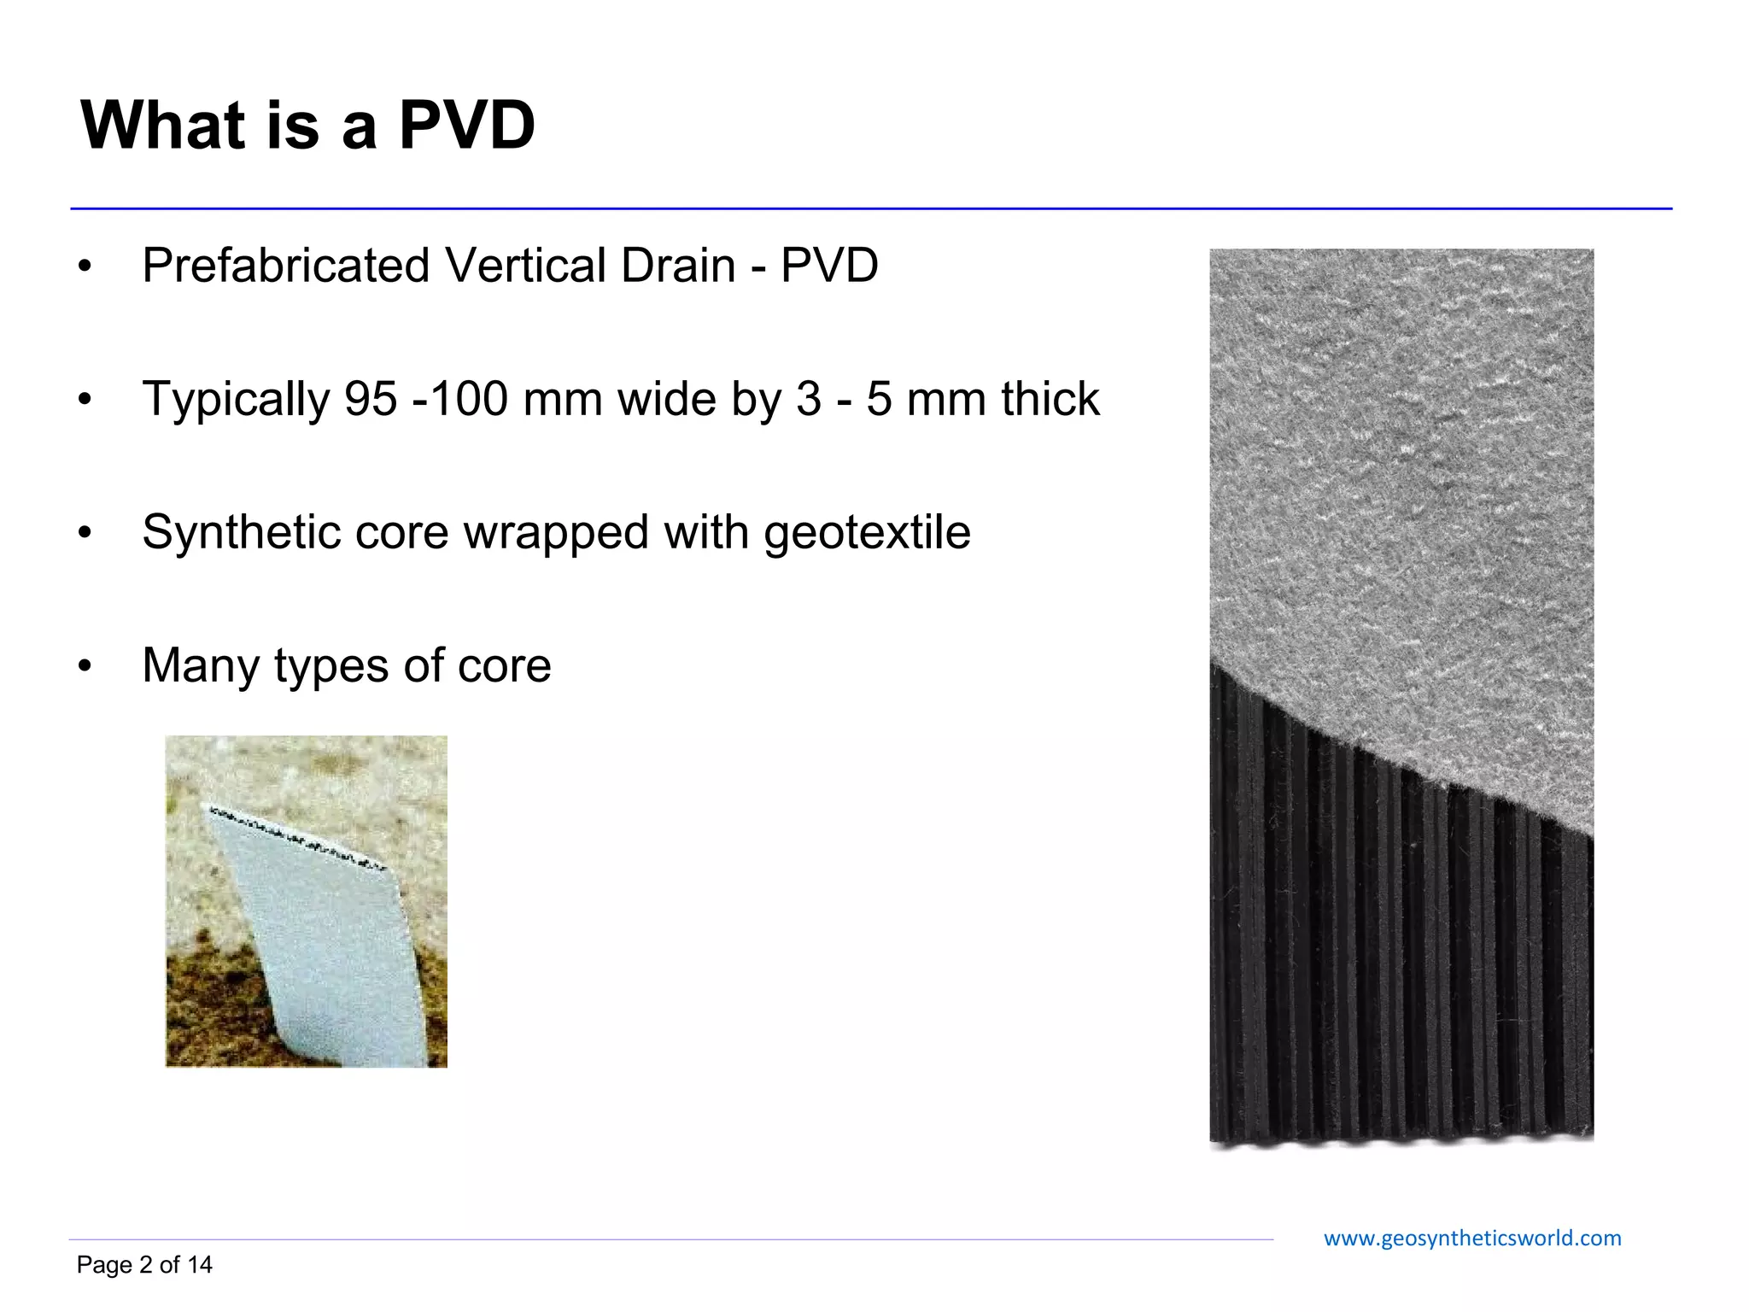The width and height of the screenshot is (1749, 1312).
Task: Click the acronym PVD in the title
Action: [x=466, y=126]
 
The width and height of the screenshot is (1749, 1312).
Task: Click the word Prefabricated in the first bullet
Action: [x=285, y=266]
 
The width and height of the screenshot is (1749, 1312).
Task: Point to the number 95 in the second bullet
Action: [x=371, y=399]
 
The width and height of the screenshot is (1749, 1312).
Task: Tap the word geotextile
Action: [x=867, y=533]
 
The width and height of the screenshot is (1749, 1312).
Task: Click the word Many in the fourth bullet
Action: [x=200, y=665]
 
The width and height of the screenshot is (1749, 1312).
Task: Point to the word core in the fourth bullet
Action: [x=504, y=665]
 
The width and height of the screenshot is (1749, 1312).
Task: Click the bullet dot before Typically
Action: [x=84, y=399]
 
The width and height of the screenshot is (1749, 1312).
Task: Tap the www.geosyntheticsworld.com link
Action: [x=1471, y=1239]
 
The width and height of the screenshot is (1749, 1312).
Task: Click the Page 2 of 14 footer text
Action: [x=144, y=1265]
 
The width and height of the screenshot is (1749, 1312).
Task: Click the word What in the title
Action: [x=163, y=126]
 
